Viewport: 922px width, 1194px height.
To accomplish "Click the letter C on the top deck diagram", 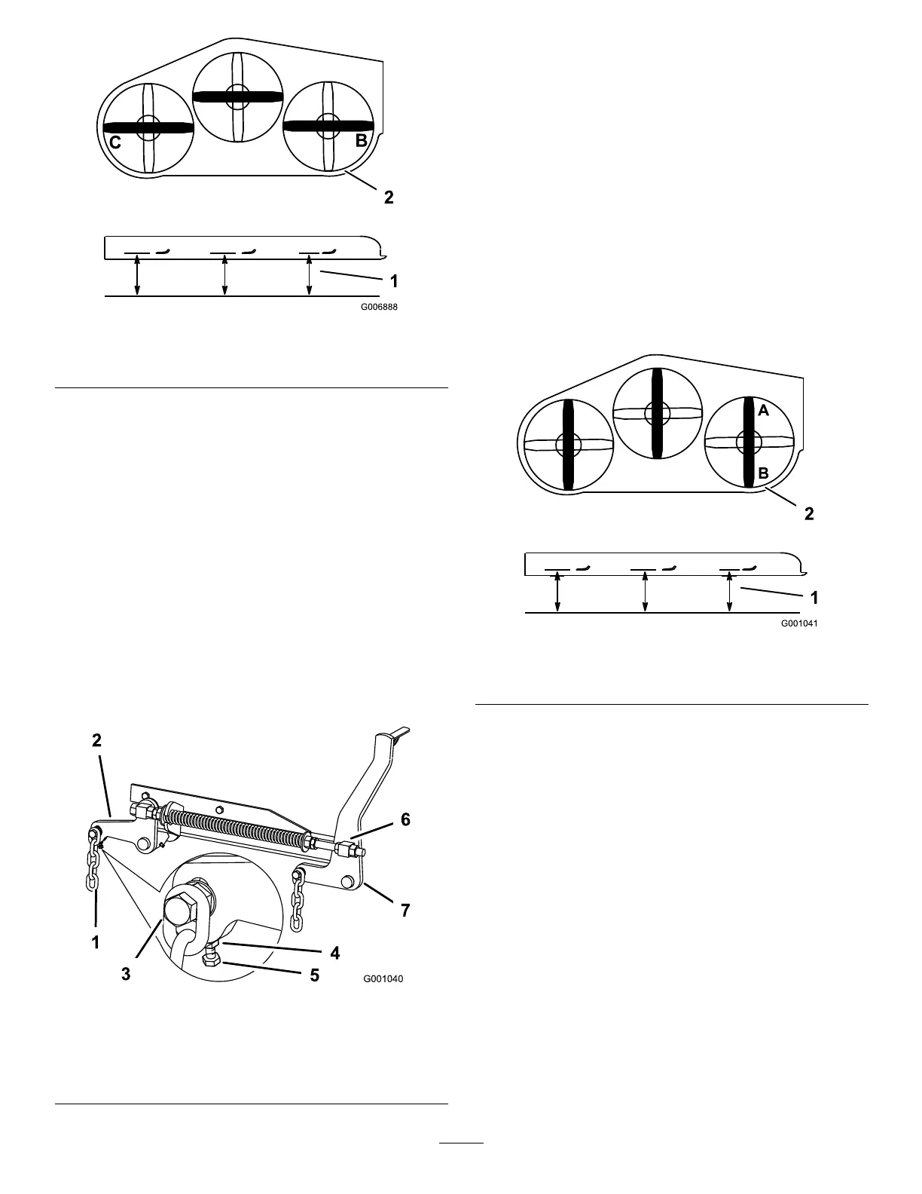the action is pos(115,142).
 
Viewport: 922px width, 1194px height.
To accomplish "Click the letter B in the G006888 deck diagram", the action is pos(362,140).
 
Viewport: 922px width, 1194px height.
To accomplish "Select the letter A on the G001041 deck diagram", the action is pos(763,411).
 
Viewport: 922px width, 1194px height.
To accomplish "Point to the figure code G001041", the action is pos(799,623).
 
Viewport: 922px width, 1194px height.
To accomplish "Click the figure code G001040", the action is pos(383,979).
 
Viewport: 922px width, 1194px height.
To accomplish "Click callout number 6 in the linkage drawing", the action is pos(405,819).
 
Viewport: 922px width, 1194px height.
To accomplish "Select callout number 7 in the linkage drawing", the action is pos(405,910).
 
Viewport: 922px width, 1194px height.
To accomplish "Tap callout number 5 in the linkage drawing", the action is pos(314,975).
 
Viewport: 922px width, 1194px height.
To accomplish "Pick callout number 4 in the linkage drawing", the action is pos(335,953).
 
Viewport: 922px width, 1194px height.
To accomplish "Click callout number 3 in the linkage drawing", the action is pos(126,974).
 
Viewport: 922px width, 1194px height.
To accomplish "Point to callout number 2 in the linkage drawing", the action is pos(97,740).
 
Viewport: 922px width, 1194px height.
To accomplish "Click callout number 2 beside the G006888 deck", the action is pos(389,197).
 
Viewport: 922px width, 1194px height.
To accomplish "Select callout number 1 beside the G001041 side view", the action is pos(814,598).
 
